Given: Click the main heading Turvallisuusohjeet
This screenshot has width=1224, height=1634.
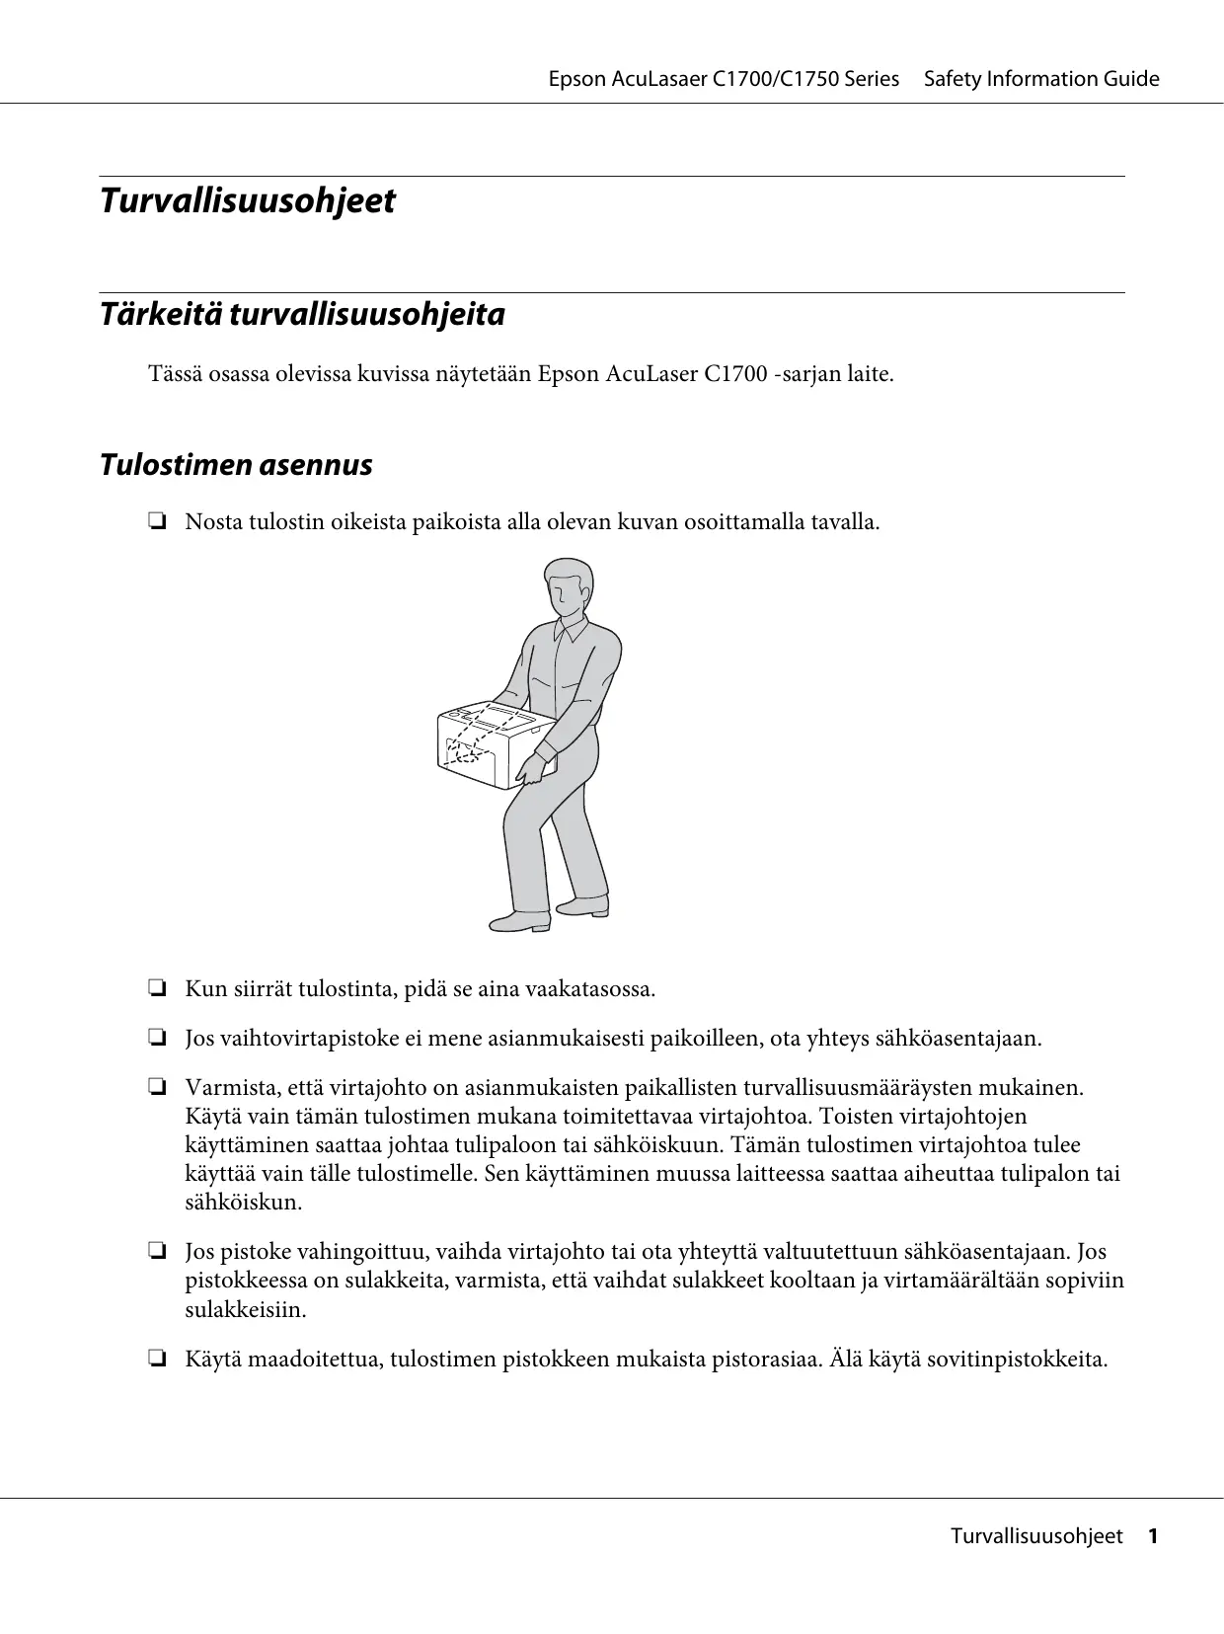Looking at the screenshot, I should click(x=248, y=201).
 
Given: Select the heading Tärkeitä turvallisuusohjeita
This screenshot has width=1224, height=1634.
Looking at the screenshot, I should click(x=302, y=315).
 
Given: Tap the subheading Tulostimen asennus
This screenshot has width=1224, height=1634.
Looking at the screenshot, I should click(x=236, y=465).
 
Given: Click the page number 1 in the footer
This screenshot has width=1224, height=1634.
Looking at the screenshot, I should click(x=1151, y=1536).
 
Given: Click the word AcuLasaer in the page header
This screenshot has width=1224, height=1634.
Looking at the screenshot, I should click(x=658, y=79).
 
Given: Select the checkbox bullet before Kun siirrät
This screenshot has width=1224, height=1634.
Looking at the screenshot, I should click(x=156, y=988).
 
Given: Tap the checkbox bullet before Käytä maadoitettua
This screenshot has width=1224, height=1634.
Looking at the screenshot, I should click(x=156, y=1360).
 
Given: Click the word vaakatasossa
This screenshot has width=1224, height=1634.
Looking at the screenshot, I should click(x=590, y=988).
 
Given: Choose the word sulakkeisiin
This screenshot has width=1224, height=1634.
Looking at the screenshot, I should click(x=246, y=1310).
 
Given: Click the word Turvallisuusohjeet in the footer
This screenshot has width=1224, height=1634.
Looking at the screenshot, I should click(x=1036, y=1536).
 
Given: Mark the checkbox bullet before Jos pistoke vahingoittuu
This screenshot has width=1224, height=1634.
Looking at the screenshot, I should click(x=156, y=1253).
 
